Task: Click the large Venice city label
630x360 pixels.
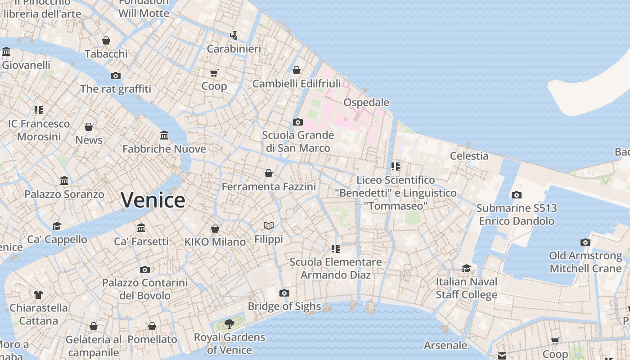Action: coord(153,200)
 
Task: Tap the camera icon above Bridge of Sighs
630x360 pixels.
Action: coord(284,293)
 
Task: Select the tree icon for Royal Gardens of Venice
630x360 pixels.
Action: coord(229,324)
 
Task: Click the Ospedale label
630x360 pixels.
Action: coord(366,103)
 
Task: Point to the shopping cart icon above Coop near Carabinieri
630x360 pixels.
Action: coord(214,73)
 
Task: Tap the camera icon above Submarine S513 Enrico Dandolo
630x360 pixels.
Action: coord(517,195)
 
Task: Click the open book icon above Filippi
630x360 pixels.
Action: coord(269,226)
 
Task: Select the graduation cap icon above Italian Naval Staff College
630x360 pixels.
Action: coord(466,269)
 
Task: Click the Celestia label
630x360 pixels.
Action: coord(469,156)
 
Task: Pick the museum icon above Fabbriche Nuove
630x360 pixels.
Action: coord(164,135)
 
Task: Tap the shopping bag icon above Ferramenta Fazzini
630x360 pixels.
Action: coord(269,173)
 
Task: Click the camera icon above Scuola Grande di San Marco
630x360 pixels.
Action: coord(297,122)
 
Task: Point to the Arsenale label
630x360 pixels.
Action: coord(445,346)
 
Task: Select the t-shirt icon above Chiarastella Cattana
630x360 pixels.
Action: coord(38,295)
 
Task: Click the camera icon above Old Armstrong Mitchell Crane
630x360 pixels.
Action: coord(585,243)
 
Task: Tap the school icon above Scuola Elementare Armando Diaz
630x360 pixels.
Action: coord(335,249)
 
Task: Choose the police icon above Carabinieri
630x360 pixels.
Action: coord(234,36)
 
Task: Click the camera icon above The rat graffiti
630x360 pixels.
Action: coord(116,76)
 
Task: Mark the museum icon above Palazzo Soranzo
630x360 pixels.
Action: coord(64,181)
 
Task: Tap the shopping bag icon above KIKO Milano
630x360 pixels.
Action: coord(215,229)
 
